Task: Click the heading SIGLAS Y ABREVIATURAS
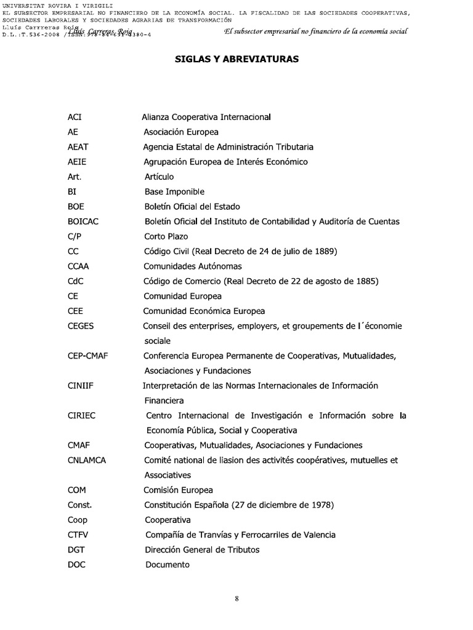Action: point(236,59)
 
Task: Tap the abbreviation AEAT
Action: point(78,147)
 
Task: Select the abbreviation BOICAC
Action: point(83,221)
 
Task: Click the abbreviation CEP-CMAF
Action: point(88,356)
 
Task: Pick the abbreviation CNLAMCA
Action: point(87,460)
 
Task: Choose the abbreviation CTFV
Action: point(78,535)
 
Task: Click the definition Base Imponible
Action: point(174,192)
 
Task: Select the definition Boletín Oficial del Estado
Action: point(192,207)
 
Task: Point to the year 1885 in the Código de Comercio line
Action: point(367,281)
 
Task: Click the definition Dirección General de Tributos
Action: point(202,549)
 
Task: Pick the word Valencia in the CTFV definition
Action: point(318,535)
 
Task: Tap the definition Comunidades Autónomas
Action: point(193,266)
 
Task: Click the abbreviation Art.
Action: point(75,177)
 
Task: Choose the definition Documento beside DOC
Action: point(168,565)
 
